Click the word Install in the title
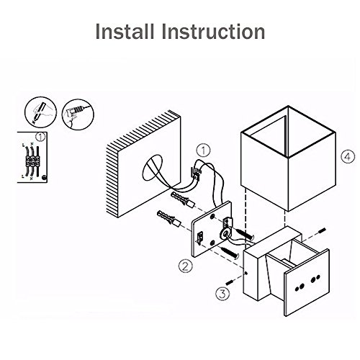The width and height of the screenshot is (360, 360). pos(125,32)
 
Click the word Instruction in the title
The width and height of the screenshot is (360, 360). pos(214,32)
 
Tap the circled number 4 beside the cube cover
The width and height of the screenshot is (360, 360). pos(348,157)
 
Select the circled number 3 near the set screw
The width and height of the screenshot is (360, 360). pos(222,293)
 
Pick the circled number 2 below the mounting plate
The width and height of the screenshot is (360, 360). pos(185,266)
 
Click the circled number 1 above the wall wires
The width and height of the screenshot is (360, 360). pos(203,150)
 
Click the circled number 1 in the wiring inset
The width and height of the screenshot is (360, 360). pos(40,137)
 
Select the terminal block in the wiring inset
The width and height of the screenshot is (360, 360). pos(32,161)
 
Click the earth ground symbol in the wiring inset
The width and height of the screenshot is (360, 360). pos(44,178)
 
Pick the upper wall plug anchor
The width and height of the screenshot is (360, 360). pos(182,199)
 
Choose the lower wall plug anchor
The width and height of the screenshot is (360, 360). pos(168,218)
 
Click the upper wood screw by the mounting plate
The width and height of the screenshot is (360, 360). pos(245,234)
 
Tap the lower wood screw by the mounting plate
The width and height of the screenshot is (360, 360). pos(230,253)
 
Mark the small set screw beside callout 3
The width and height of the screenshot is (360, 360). pos(230,282)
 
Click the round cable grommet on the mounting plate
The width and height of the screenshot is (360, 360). pos(225,233)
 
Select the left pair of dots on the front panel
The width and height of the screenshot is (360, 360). pos(300,287)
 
